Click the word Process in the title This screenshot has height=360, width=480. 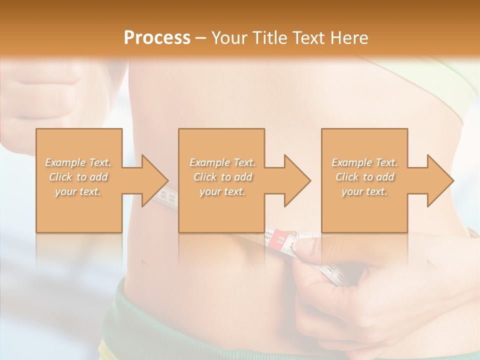(157, 37)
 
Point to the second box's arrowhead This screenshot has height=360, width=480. (296, 180)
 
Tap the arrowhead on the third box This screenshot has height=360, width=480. (439, 180)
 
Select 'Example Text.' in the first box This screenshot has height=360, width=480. (78, 162)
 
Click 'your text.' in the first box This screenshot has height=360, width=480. (78, 191)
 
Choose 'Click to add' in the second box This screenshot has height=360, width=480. (222, 177)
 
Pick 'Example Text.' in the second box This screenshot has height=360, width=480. (222, 162)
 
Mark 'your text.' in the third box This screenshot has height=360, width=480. (364, 191)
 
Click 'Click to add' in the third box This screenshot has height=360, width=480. (364, 177)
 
